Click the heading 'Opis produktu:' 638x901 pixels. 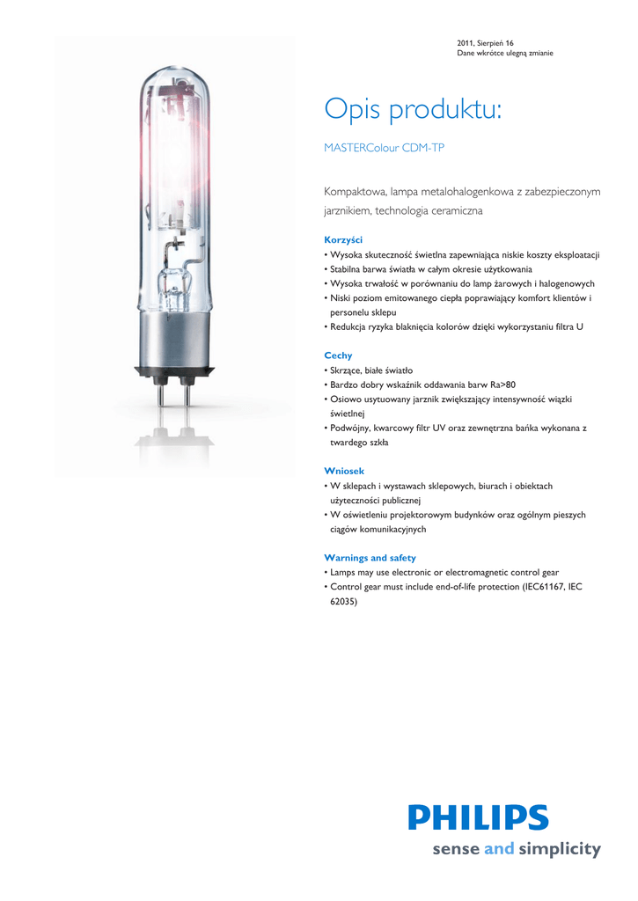(x=413, y=111)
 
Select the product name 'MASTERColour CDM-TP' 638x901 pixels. (x=384, y=148)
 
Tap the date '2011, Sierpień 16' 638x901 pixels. (x=485, y=43)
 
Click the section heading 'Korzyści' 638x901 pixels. (x=343, y=239)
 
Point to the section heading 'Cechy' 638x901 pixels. (x=338, y=355)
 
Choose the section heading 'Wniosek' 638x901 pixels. (x=344, y=472)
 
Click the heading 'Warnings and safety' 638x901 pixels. (x=370, y=558)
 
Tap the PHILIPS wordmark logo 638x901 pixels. (x=478, y=817)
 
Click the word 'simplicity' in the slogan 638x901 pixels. (x=559, y=850)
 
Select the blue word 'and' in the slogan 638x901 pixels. (x=498, y=850)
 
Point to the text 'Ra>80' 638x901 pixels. (x=503, y=385)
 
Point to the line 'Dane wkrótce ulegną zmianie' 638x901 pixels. (x=505, y=54)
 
